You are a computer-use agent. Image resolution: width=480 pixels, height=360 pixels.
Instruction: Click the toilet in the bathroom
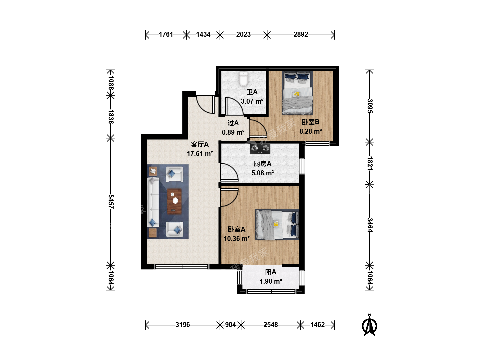point(243,79)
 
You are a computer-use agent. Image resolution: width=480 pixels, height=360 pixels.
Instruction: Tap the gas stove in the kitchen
point(260,149)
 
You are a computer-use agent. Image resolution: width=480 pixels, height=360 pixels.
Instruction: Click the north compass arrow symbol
point(369,325)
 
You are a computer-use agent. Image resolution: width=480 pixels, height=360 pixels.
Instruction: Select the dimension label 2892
point(301,34)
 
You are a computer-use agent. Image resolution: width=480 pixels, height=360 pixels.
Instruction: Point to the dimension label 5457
point(111,202)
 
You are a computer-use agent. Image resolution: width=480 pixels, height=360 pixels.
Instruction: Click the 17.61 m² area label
point(200,153)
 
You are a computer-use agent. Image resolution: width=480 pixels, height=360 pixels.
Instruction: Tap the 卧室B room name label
point(311,122)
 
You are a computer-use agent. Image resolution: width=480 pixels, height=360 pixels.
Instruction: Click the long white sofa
point(153,202)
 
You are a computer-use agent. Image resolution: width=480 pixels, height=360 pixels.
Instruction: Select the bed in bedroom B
point(297,93)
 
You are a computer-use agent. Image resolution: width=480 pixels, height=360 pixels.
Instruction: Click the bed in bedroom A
point(277,225)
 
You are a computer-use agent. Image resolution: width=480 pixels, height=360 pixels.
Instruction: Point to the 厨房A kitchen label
point(262,163)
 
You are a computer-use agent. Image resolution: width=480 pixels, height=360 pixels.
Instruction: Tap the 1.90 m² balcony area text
point(271,281)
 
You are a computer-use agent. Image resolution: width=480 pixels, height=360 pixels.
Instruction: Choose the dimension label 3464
point(370,225)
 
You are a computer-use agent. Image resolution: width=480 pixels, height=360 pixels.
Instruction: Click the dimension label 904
point(230,325)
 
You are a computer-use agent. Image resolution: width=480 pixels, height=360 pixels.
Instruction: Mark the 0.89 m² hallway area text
point(233,132)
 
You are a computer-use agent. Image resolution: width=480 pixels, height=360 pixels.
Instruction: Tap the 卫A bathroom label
point(252,92)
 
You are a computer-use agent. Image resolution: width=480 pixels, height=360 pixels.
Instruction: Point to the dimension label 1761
point(166,34)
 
